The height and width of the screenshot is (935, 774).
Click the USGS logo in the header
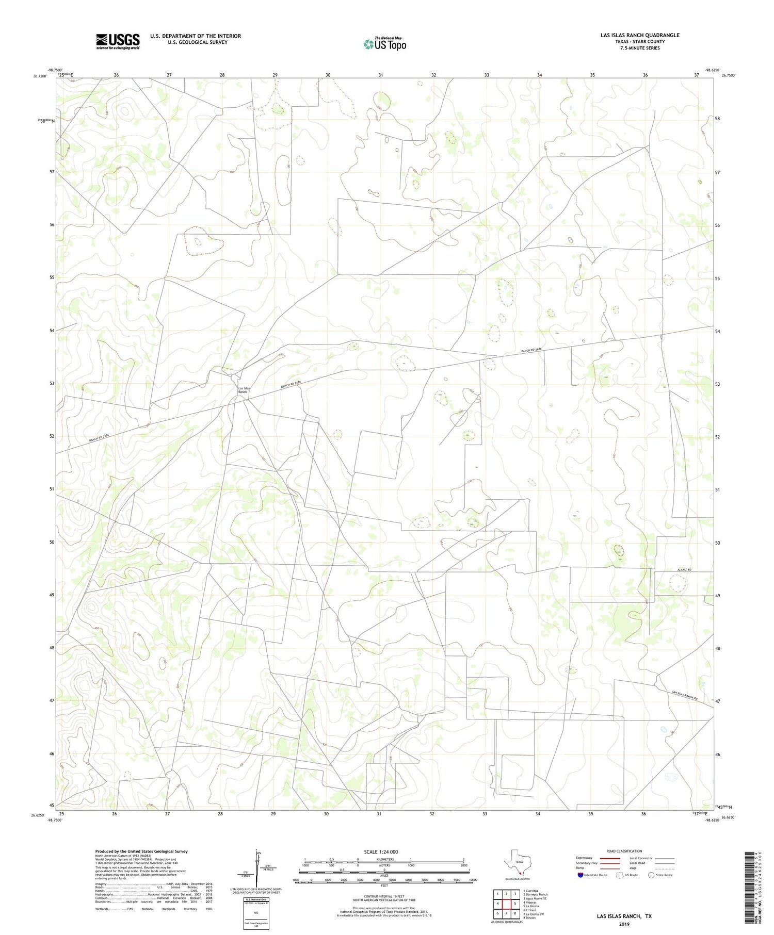tap(118, 41)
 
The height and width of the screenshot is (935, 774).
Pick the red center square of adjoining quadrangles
tap(514, 904)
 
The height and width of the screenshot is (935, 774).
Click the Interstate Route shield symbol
tap(580, 875)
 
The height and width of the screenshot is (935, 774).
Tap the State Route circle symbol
tap(651, 875)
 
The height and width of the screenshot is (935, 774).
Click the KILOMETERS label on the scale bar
tap(384, 859)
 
